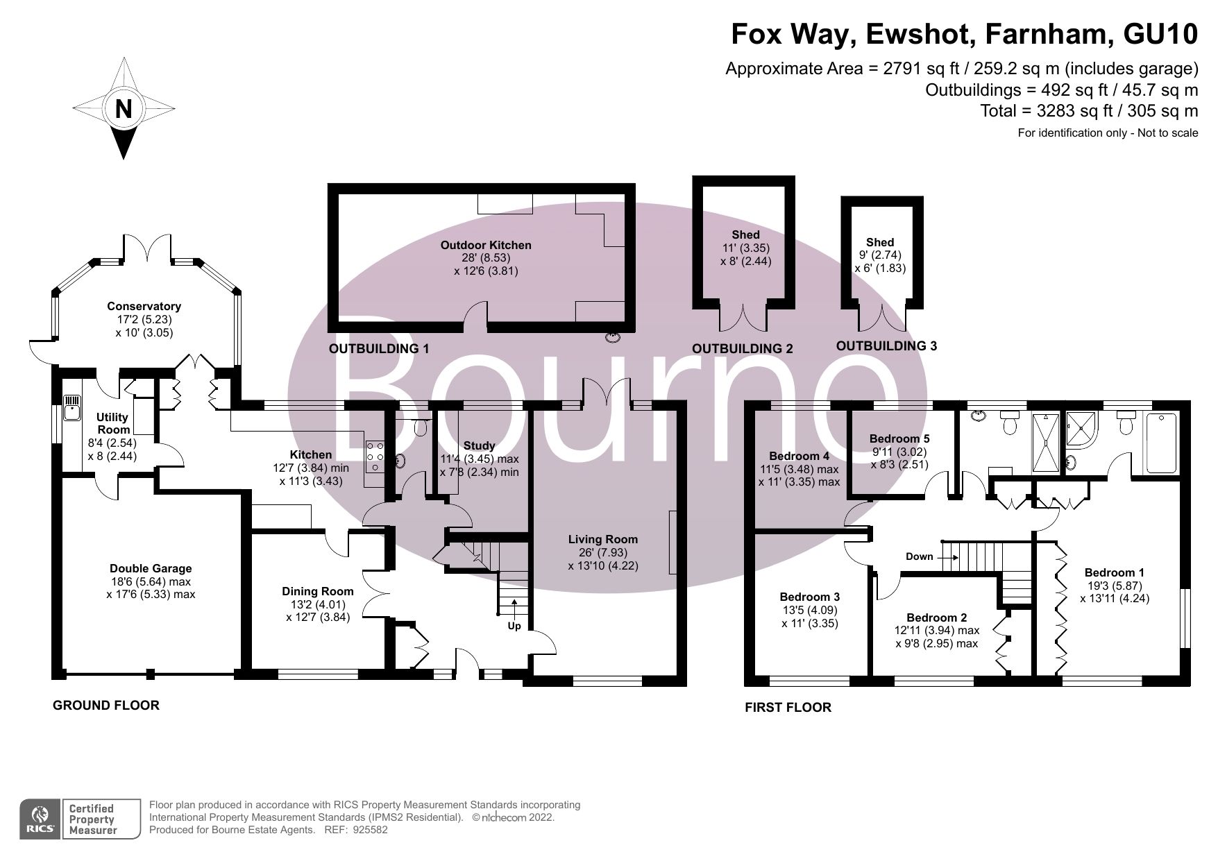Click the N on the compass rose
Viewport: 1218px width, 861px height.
tap(123, 110)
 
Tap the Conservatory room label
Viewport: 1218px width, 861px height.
tap(144, 306)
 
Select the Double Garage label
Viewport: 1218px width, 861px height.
tap(151, 568)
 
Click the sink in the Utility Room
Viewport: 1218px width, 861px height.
tap(71, 409)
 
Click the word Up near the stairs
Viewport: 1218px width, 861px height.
tap(514, 626)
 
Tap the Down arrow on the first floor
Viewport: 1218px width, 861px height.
tap(949, 556)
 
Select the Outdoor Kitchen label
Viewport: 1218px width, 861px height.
tap(486, 245)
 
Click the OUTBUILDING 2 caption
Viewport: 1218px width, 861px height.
tap(742, 349)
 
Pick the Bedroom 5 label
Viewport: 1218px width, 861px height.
tap(899, 438)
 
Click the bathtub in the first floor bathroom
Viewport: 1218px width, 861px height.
tap(1162, 444)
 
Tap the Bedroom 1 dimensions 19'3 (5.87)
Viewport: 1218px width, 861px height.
tap(1114, 586)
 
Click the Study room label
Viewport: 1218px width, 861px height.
tap(479, 445)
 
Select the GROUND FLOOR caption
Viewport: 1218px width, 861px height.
tap(106, 706)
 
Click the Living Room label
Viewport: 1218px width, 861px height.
tap(602, 539)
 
